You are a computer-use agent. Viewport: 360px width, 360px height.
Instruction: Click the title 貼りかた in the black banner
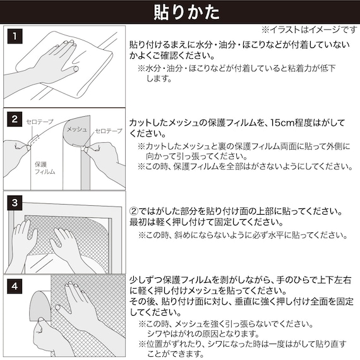pos(180,12)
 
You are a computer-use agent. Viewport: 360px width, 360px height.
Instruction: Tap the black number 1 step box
pos(15,36)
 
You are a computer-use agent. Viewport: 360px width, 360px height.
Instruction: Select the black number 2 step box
pos(15,119)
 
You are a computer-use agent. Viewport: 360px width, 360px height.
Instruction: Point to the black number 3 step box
pos(15,203)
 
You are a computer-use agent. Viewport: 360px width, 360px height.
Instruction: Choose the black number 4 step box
pos(15,285)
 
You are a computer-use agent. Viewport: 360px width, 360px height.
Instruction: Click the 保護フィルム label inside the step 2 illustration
pos(45,167)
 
